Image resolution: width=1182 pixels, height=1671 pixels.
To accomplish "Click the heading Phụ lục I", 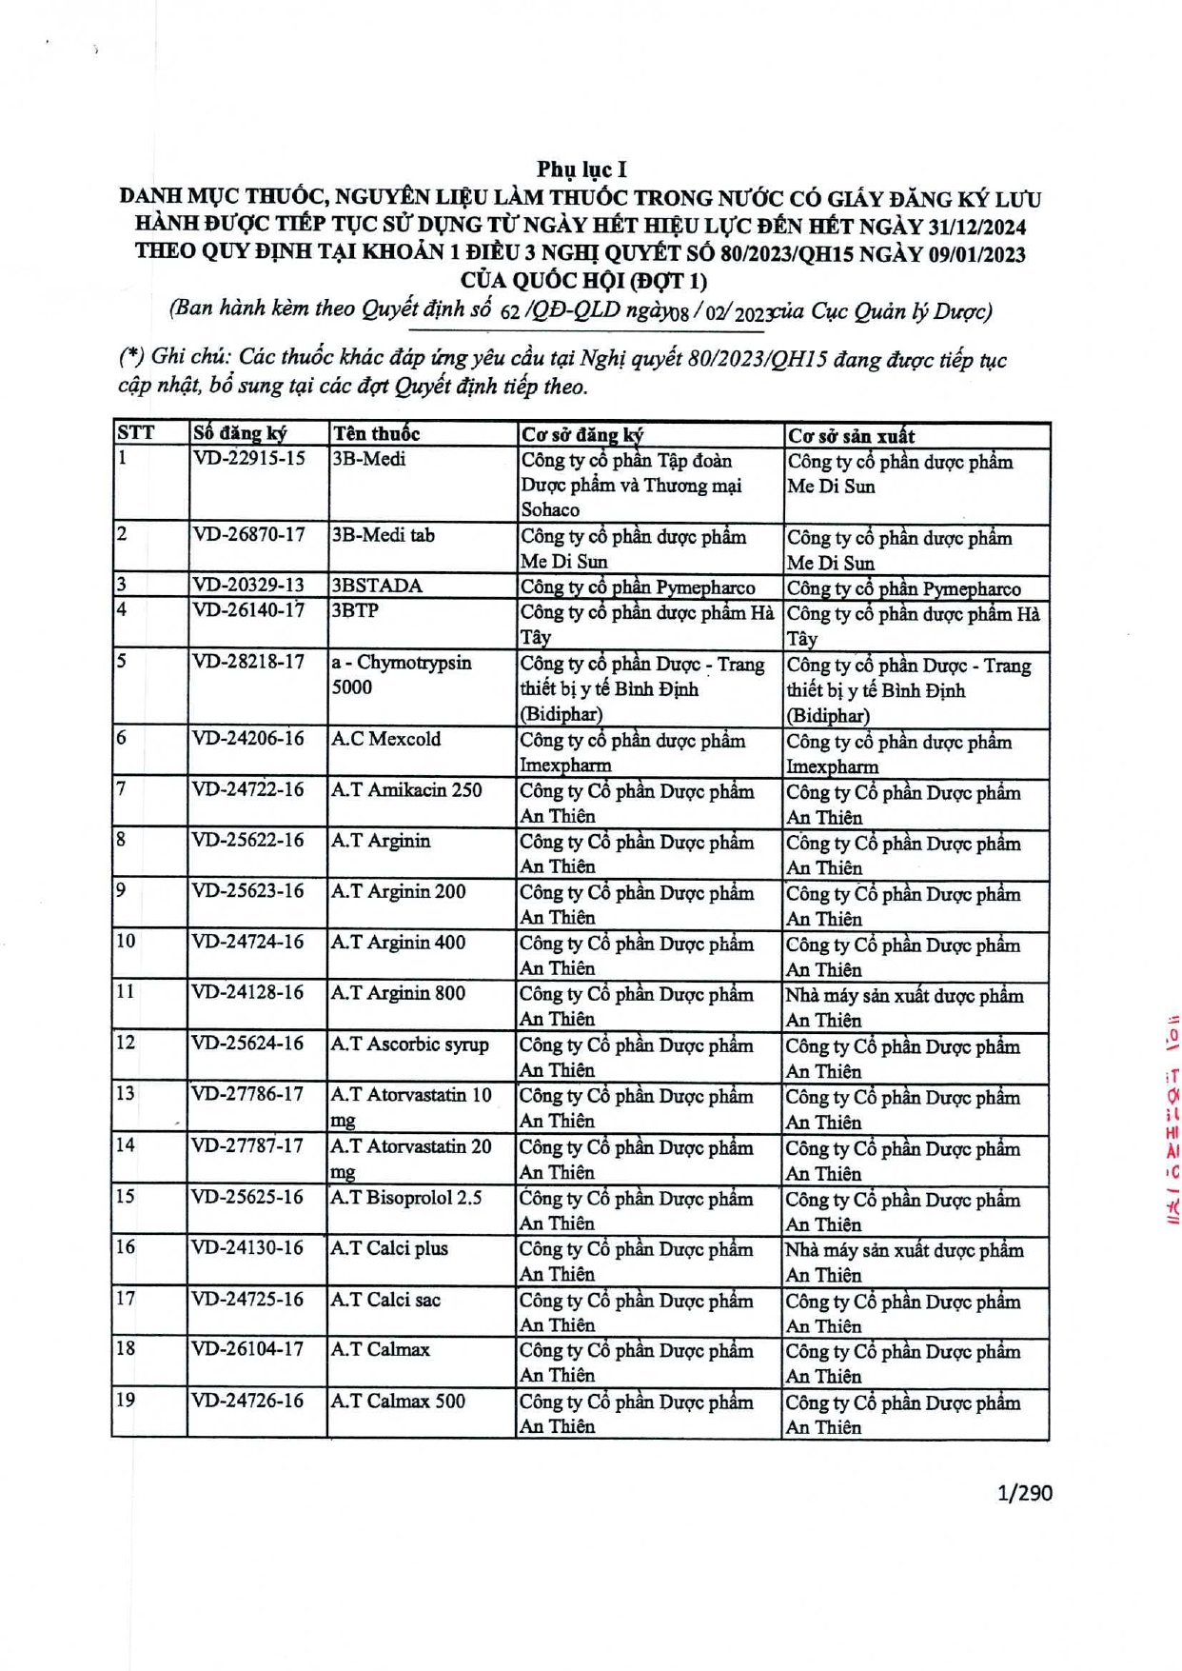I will [581, 169].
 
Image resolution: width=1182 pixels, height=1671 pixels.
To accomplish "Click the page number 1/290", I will [1024, 1492].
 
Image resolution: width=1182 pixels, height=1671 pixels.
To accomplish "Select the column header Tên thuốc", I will [376, 434].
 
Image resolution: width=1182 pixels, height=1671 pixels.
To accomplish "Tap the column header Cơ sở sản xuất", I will [851, 436].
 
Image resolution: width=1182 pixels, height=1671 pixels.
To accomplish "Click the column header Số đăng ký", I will [240, 433].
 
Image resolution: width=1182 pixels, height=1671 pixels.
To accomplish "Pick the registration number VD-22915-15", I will [249, 459].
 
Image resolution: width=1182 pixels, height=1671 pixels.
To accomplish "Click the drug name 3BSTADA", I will [377, 586].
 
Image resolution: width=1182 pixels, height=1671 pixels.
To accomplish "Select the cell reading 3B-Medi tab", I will [383, 535].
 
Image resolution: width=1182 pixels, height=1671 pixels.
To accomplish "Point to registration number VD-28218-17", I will [249, 662].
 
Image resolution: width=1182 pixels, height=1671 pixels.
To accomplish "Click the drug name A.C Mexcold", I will [385, 739].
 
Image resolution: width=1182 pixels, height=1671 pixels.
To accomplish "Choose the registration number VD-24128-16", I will [248, 993].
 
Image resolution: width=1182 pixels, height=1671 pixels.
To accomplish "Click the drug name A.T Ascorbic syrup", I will [409, 1044].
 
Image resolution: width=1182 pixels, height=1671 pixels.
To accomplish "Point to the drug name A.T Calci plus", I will [389, 1248].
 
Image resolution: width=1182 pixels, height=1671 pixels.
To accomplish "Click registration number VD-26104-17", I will [248, 1349].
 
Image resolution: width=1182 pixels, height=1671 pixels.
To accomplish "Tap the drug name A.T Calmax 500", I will [398, 1401].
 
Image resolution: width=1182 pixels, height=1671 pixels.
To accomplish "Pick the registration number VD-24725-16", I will [248, 1299].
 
